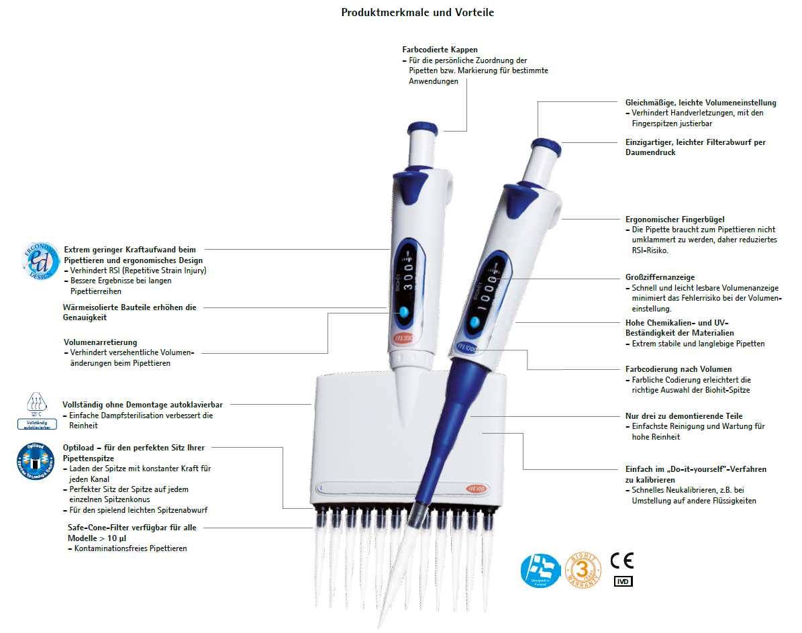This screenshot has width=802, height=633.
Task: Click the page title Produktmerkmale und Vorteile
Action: [x=417, y=12]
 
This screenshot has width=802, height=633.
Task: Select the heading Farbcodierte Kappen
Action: [x=440, y=50]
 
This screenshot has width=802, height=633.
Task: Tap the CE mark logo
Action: [x=621, y=561]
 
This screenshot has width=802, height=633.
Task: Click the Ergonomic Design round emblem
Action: [x=39, y=260]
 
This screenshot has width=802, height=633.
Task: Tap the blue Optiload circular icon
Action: [x=35, y=462]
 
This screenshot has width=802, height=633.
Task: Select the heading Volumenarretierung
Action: [x=100, y=342]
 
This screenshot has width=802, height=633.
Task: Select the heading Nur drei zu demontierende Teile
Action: [x=683, y=416]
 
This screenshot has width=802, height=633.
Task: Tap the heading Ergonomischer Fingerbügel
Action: [x=665, y=220]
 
